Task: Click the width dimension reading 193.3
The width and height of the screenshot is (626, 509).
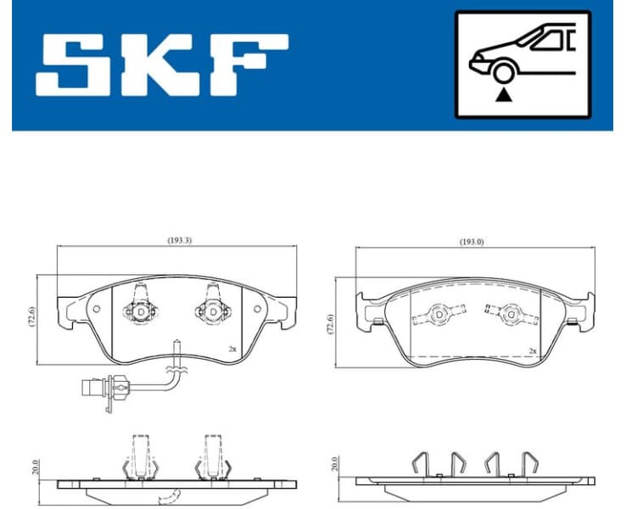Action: (x=179, y=240)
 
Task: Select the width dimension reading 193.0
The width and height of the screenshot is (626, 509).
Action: (x=472, y=242)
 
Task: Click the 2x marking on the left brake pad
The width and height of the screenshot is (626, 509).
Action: (x=232, y=349)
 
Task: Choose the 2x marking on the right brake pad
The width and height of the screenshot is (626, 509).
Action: (x=532, y=350)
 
